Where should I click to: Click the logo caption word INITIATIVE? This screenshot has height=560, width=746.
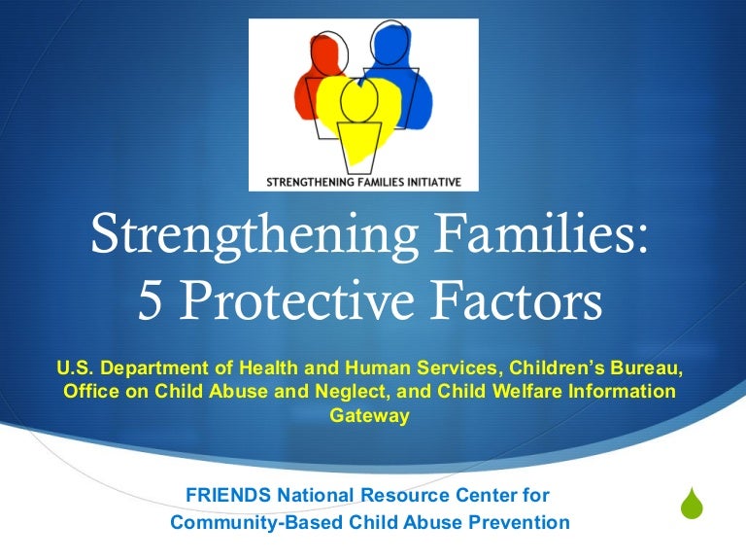tap(424, 181)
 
